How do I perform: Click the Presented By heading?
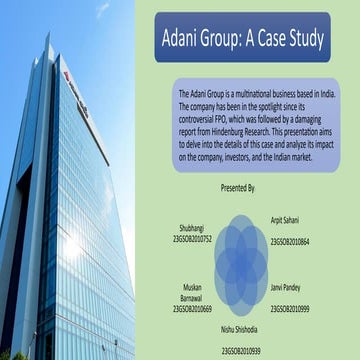tap(238, 187)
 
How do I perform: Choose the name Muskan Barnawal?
tap(192, 292)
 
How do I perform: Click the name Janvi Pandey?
tap(287, 287)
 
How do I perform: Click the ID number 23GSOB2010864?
tap(290, 241)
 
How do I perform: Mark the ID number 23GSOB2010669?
tap(191, 310)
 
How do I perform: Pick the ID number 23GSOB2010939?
tap(241, 351)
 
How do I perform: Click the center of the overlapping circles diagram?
tap(240, 265)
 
